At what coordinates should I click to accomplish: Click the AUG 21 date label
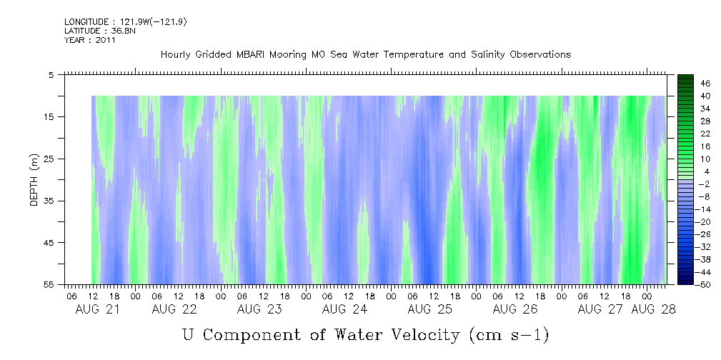pyautogui.click(x=98, y=309)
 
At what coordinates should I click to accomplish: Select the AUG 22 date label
pyautogui.click(x=174, y=309)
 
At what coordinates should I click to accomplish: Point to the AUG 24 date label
pyautogui.click(x=344, y=309)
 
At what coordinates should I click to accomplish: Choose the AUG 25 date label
pyautogui.click(x=429, y=309)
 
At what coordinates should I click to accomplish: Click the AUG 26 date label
pyautogui.click(x=514, y=309)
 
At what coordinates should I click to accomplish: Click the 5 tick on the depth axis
pyautogui.click(x=51, y=74)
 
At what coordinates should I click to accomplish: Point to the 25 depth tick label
pyautogui.click(x=49, y=159)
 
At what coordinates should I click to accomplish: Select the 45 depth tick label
pyautogui.click(x=49, y=243)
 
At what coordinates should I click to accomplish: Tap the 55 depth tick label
pyautogui.click(x=49, y=285)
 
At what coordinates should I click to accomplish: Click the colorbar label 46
pyautogui.click(x=685, y=83)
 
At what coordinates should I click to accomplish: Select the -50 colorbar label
pyautogui.click(x=685, y=284)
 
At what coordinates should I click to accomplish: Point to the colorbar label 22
pyautogui.click(x=685, y=134)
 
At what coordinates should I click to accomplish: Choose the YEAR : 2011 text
pyautogui.click(x=90, y=40)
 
